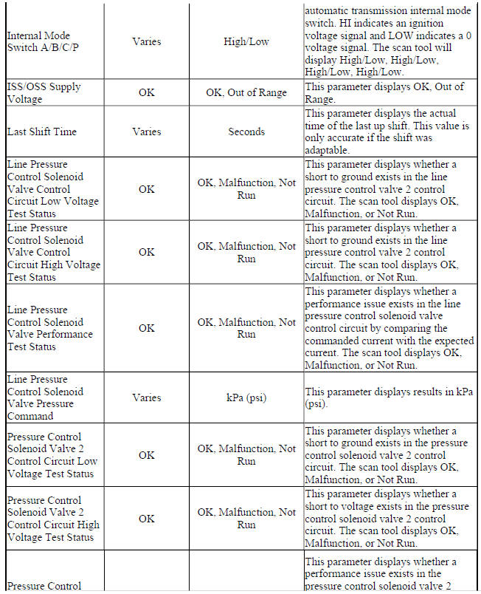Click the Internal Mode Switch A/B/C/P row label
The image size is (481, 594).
pos(42,42)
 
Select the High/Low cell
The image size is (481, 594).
pos(246,42)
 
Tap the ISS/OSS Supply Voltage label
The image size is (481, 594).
pos(44,93)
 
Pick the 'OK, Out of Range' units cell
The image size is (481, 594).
pos(246,94)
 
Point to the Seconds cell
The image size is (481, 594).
pos(246,132)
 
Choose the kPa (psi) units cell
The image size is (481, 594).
pos(246,397)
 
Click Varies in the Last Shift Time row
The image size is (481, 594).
pos(146,132)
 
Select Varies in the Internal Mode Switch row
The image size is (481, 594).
pos(146,42)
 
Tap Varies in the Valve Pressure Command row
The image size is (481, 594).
pos(146,397)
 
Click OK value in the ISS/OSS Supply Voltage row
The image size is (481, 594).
pos(146,94)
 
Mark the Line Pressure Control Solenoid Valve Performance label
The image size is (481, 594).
pos(50,328)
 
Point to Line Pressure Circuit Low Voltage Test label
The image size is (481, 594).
pos(53,188)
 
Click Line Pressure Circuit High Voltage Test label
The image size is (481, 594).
pos(53,252)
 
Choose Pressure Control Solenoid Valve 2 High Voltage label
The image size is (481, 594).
pos(53,519)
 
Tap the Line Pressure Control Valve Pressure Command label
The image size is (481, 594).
pos(46,397)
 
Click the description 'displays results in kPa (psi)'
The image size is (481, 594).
pos(384,397)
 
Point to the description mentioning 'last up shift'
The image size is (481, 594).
pos(384,132)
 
